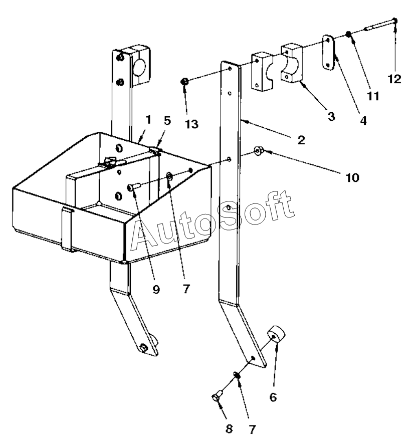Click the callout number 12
tap(394, 79)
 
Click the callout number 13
tap(191, 123)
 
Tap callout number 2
tap(301, 140)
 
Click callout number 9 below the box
tap(156, 289)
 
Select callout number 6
tap(273, 397)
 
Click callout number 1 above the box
tap(148, 120)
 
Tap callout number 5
tap(167, 120)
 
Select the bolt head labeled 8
tap(216, 397)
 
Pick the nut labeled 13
tap(185, 81)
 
